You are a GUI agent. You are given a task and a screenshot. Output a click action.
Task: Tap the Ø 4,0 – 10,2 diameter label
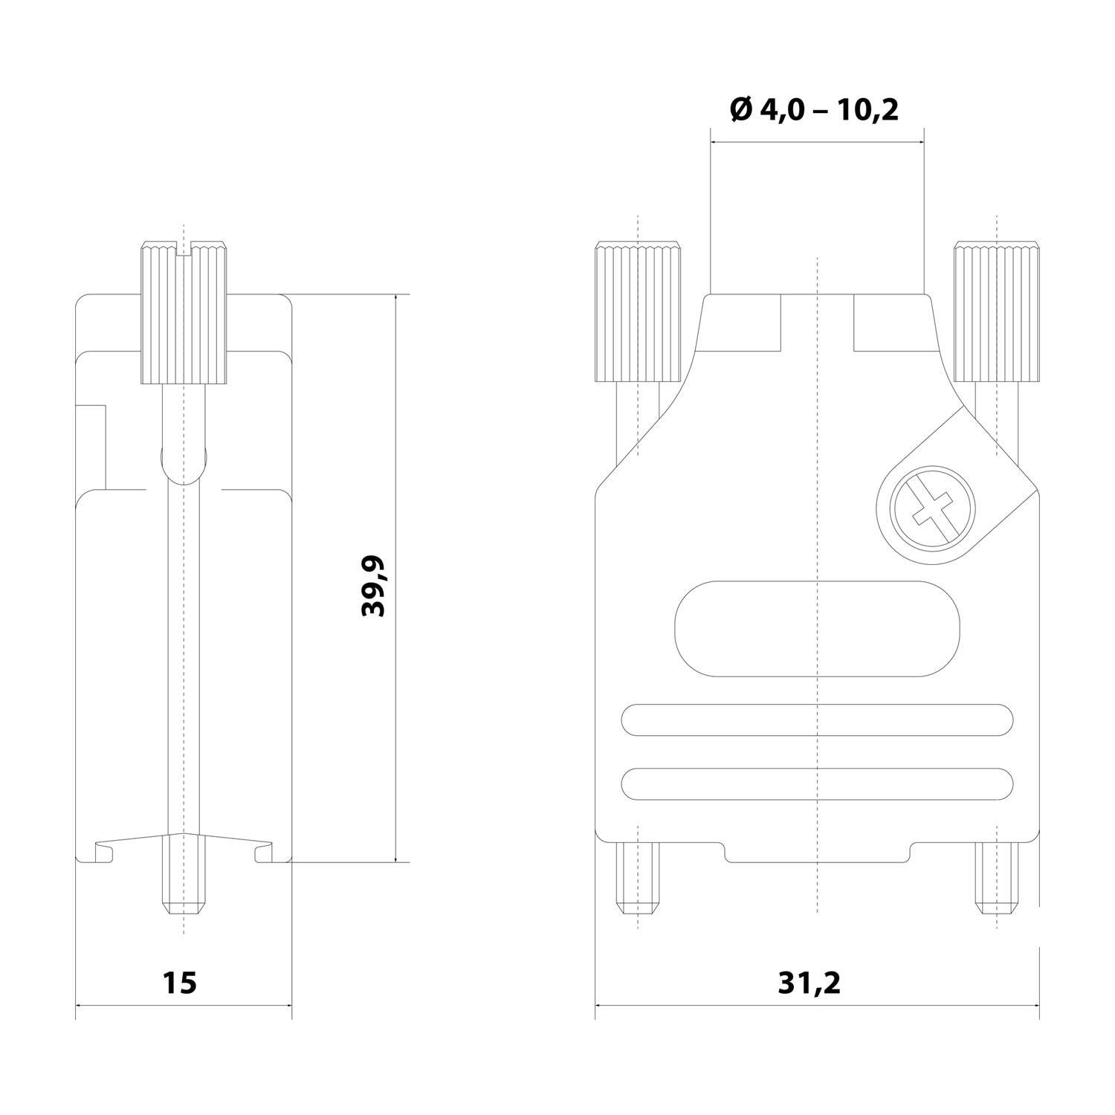coord(815,110)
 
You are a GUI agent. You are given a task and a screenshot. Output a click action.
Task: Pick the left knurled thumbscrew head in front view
coord(637,312)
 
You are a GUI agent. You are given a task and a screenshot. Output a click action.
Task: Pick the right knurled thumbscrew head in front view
coord(997,312)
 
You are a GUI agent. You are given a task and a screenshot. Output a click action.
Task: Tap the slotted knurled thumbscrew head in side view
coord(184,312)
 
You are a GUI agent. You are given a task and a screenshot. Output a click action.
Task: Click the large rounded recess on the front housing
coord(816,629)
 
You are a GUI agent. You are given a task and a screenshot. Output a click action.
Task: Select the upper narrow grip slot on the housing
coord(816,720)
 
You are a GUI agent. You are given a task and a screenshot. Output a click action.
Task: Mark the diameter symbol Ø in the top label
coord(743,110)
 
